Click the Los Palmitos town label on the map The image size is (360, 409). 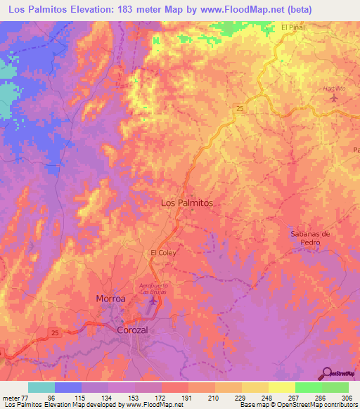coord(186,202)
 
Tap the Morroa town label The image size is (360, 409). coord(110,299)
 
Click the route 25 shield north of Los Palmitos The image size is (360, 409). coord(240,108)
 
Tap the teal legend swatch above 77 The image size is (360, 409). coord(41,387)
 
